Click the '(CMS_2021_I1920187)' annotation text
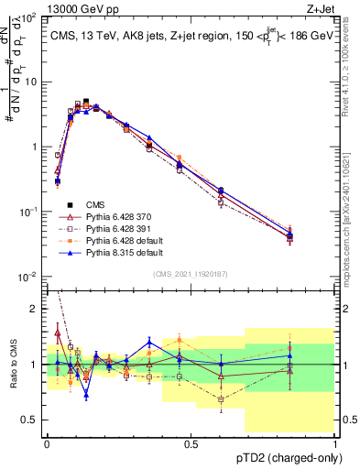click(x=191, y=274)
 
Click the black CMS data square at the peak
click(x=86, y=102)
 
